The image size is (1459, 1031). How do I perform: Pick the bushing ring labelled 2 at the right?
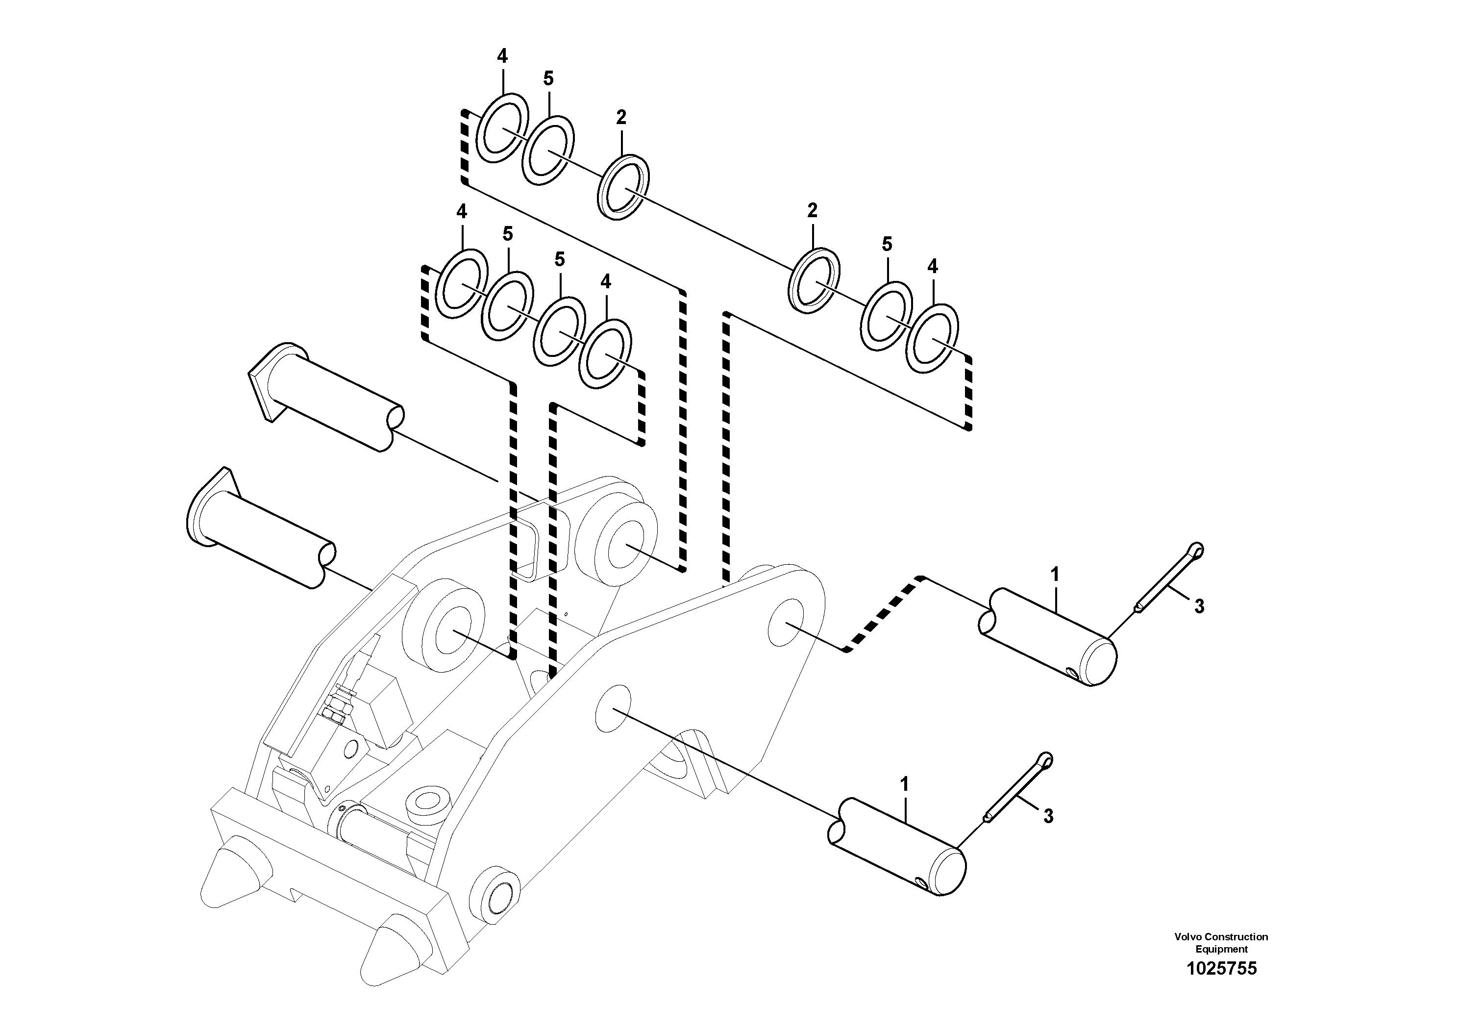pos(814,280)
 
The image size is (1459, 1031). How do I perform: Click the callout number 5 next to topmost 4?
pos(548,79)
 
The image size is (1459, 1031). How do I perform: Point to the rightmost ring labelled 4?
pos(932,337)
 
